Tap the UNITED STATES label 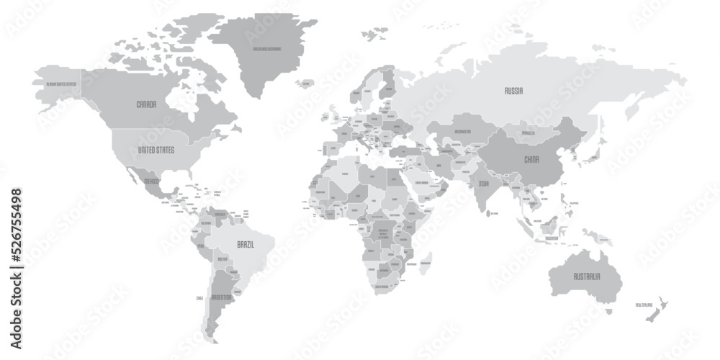tap(156, 150)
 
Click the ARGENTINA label tap(222, 297)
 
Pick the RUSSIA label tap(513, 91)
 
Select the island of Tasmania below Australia tap(609, 311)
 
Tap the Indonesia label tap(552, 237)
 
